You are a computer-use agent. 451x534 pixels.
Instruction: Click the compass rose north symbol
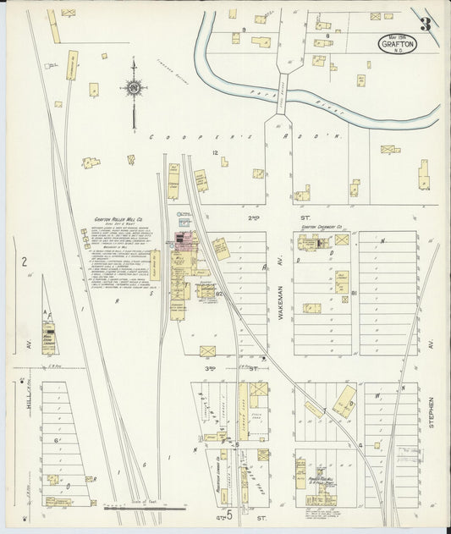[x=133, y=86]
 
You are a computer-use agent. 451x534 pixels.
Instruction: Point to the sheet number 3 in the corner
[x=425, y=23]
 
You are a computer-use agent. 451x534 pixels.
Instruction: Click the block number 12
[x=216, y=152]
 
